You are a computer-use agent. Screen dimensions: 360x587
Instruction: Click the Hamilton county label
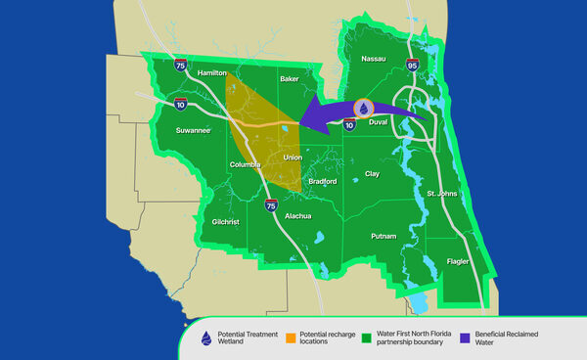pos(212,73)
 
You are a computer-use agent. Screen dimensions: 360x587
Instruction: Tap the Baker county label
pos(289,78)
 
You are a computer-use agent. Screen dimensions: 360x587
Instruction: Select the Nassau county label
pos(374,60)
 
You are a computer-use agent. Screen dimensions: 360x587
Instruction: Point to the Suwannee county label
pos(193,129)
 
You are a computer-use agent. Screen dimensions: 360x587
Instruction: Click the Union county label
pos(293,157)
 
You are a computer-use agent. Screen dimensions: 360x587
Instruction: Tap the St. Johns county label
pos(443,195)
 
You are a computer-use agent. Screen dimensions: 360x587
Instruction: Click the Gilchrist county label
pos(226,222)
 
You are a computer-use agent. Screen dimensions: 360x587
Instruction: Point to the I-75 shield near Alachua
pos(271,204)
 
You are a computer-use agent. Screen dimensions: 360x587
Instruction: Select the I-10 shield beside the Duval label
pos(349,123)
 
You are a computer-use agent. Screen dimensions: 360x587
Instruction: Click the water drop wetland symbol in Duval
pos(363,109)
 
